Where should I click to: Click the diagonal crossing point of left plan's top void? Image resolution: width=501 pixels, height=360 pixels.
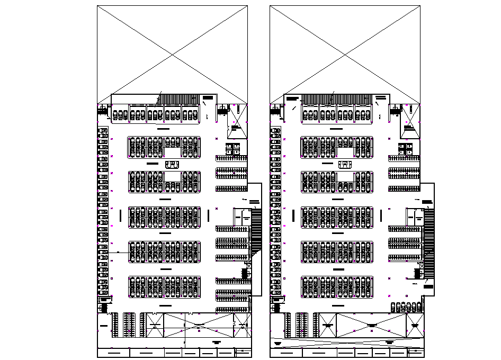tap(172, 54)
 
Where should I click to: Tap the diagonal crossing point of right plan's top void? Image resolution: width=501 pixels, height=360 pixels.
tap(345, 54)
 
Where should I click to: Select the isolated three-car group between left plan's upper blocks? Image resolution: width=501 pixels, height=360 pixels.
tap(172, 165)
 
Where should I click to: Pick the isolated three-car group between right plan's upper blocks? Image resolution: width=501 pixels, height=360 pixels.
tap(345, 165)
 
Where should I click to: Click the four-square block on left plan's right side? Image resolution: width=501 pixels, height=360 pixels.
tap(233, 149)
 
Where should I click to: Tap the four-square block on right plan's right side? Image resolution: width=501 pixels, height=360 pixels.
tap(406, 149)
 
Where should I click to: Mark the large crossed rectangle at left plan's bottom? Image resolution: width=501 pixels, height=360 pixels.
tap(199, 324)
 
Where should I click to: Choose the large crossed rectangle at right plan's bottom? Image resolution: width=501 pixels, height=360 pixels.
tap(371, 324)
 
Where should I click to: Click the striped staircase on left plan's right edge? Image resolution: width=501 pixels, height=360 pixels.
tap(256, 230)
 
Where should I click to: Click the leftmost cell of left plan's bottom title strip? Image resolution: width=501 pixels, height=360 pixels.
tap(113, 352)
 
